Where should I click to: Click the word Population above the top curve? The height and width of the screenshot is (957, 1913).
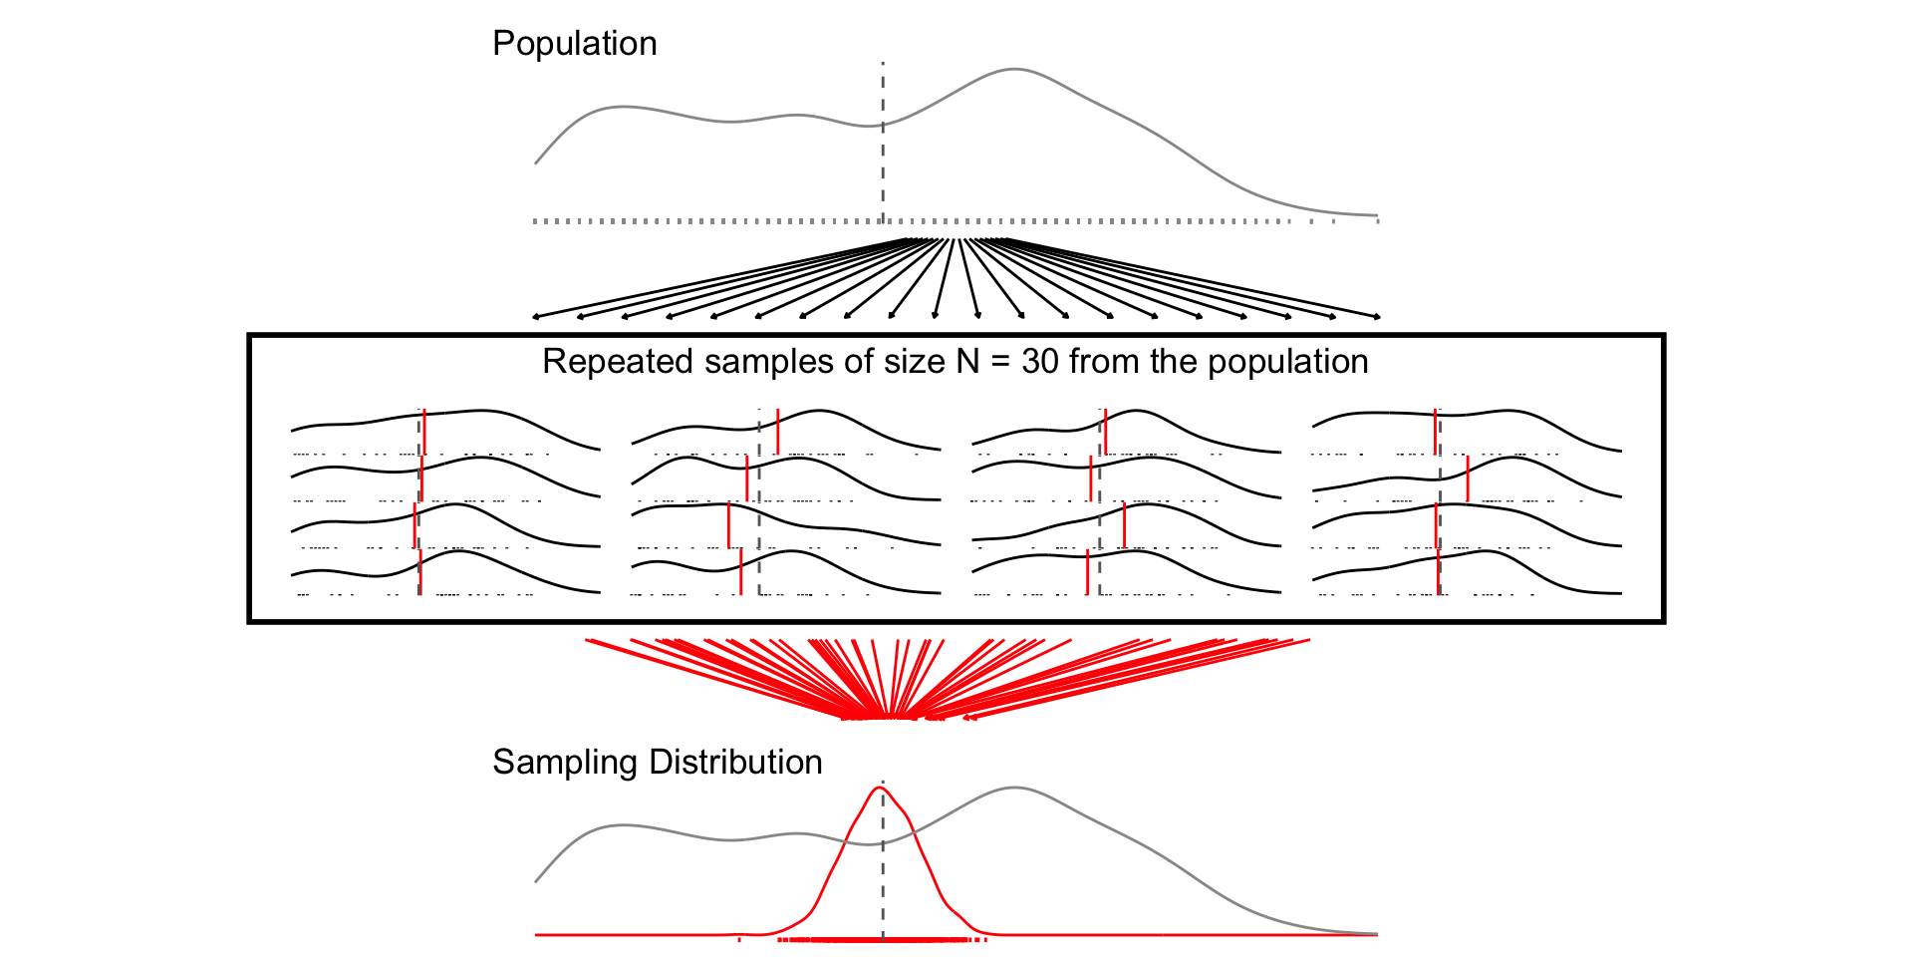point(574,44)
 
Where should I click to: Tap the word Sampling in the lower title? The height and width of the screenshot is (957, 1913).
point(564,763)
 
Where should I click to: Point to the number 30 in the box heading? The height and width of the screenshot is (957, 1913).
point(1039,362)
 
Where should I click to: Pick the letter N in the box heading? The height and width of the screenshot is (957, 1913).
point(967,362)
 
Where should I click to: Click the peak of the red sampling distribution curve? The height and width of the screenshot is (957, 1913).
point(880,789)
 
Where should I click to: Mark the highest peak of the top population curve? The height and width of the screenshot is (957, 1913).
point(1013,70)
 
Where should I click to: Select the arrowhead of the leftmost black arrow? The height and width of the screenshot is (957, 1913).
point(536,317)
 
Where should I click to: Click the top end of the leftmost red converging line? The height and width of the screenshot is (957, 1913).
point(588,640)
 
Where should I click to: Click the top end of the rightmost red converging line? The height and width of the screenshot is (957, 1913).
point(1307,640)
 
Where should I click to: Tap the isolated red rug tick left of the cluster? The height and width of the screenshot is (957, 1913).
point(738,938)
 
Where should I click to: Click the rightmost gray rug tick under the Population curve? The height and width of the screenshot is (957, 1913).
point(1377,221)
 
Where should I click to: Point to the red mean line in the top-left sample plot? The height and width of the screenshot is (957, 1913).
point(423,431)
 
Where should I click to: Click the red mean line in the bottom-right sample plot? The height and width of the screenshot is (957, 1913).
point(1438,572)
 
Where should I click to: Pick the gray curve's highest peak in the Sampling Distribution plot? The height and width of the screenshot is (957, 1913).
point(1013,789)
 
